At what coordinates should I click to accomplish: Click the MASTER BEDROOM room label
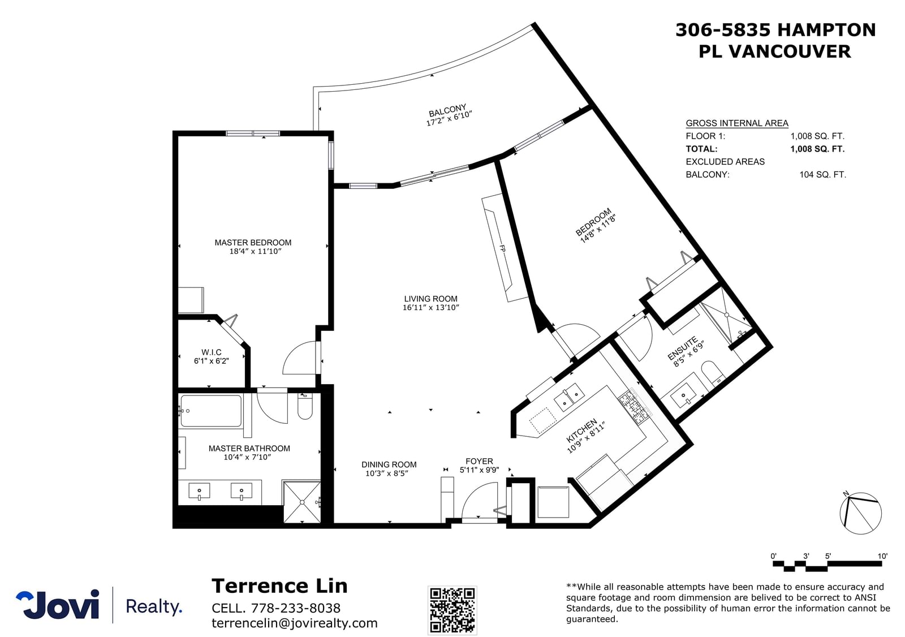click(253, 243)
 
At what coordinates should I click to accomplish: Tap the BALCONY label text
click(447, 110)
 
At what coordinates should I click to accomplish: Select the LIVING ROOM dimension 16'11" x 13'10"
click(430, 308)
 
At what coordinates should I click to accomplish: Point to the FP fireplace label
click(502, 248)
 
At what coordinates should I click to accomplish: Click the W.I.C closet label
click(212, 352)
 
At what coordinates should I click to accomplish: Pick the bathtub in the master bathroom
click(211, 411)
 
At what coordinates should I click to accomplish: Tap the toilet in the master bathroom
click(305, 406)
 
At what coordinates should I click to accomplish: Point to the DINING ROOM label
click(389, 464)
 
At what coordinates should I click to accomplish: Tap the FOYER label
click(479, 461)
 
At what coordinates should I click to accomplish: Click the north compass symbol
click(860, 513)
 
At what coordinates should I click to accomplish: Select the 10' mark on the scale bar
click(882, 556)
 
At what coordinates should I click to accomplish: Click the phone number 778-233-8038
click(296, 608)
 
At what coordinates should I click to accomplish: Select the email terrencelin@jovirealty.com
click(295, 623)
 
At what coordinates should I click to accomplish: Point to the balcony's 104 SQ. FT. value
click(822, 175)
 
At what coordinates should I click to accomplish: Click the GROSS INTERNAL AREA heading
click(737, 123)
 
